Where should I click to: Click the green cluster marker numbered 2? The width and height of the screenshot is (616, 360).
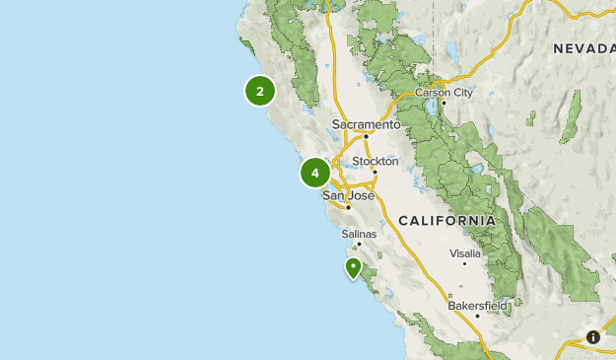click(x=259, y=91)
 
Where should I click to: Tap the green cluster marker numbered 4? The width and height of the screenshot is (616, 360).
click(x=315, y=173)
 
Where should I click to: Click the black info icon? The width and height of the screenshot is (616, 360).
click(x=593, y=337)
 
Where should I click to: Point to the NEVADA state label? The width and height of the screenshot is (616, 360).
click(x=582, y=48)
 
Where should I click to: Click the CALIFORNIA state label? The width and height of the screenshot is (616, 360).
click(x=447, y=220)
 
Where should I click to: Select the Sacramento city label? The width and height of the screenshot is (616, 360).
click(x=367, y=125)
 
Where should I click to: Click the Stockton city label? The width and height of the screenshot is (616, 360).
click(x=376, y=161)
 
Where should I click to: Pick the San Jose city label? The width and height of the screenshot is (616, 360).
click(x=349, y=195)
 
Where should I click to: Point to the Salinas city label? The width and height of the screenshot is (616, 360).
click(x=359, y=234)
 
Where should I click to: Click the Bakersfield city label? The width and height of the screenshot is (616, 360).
click(x=477, y=306)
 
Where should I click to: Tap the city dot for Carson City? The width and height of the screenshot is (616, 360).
click(x=445, y=103)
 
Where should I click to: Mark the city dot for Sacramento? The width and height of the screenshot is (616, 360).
click(x=366, y=135)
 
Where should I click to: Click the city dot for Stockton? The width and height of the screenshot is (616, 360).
click(x=375, y=171)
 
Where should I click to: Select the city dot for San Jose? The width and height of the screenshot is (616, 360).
click(x=349, y=206)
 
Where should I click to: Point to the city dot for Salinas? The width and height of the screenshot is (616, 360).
click(x=359, y=244)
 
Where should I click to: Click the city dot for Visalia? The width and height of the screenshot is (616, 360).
click(x=464, y=263)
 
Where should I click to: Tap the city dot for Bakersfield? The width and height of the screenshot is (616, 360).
click(x=477, y=316)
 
